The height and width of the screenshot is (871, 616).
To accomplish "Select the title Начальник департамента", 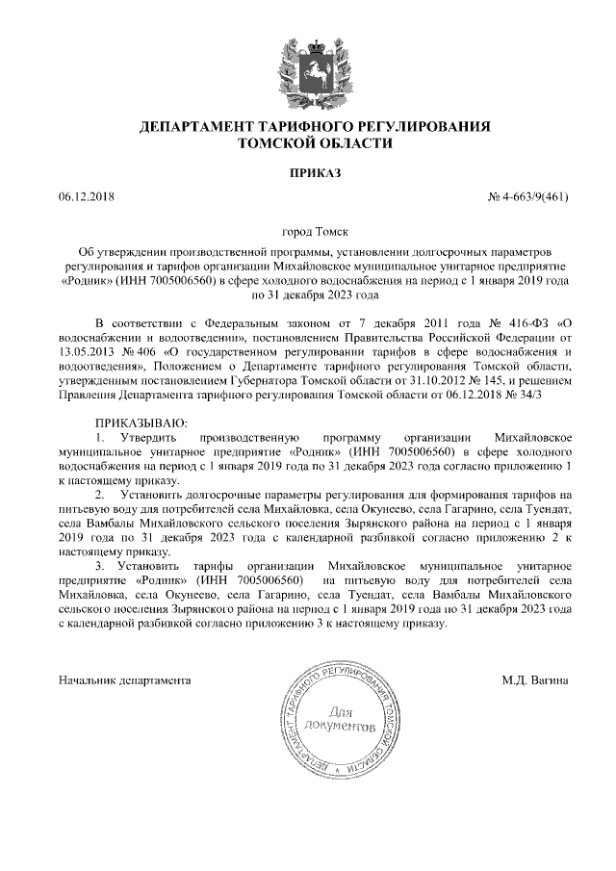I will pyautogui.click(x=124, y=680).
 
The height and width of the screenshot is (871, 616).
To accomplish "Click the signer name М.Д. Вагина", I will pyautogui.click(x=535, y=680).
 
